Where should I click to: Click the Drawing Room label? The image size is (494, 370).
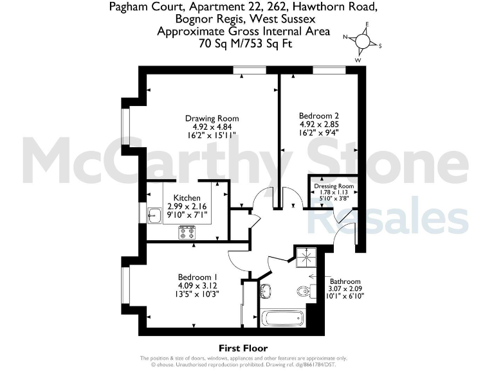[212, 118]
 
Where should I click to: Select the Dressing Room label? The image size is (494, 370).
[334, 187]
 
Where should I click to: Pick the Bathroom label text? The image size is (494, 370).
[345, 281]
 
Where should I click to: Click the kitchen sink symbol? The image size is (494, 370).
[155, 215]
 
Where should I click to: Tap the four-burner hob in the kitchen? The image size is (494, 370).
[187, 232]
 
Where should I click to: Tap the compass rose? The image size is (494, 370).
[362, 40]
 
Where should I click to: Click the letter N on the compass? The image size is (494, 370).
[345, 37]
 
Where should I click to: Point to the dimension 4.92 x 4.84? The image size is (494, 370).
[212, 127]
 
